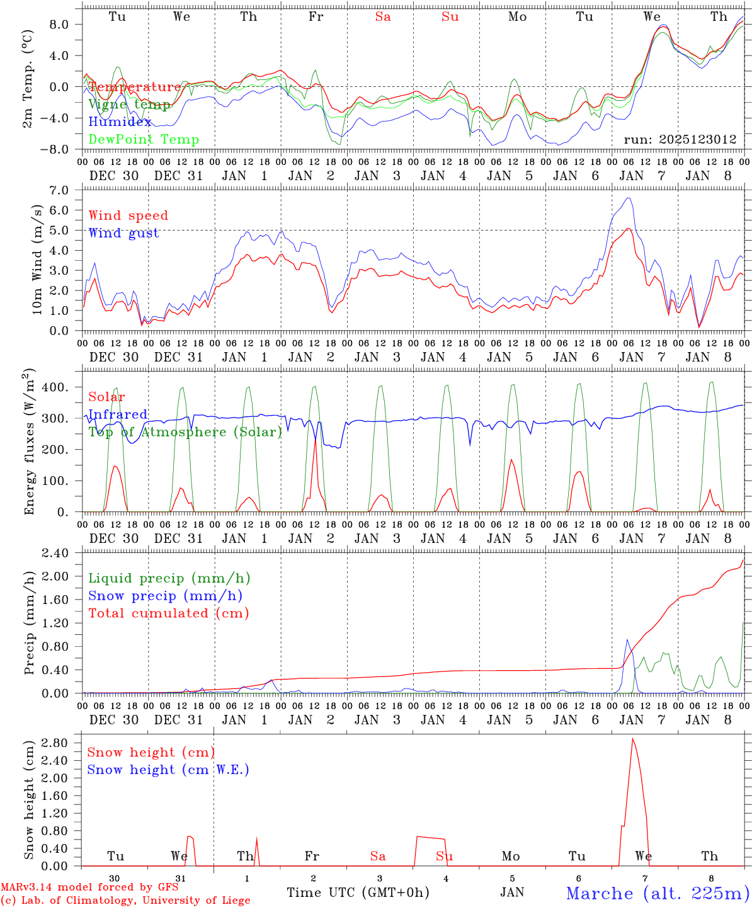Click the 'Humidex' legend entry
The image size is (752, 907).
pyautogui.click(x=120, y=122)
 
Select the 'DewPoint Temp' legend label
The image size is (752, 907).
pyautogui.click(x=144, y=140)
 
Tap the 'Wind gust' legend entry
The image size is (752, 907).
pyautogui.click(x=124, y=233)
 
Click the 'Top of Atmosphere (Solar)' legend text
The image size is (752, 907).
pyautogui.click(x=185, y=432)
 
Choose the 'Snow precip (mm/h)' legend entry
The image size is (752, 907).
pyautogui.click(x=166, y=596)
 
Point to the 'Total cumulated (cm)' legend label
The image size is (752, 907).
pyautogui.click(x=169, y=613)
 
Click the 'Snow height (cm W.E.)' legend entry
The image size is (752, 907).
pyautogui.click(x=168, y=770)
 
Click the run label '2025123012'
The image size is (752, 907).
pyautogui.click(x=680, y=140)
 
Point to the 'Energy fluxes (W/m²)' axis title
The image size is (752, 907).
pyautogui.click(x=29, y=443)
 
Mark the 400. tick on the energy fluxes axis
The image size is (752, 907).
pyautogui.click(x=62, y=387)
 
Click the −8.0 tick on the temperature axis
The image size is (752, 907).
pyautogui.click(x=62, y=150)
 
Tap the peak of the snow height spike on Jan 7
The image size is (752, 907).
pyautogui.click(x=632, y=738)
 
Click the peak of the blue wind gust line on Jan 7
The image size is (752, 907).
pyautogui.click(x=627, y=198)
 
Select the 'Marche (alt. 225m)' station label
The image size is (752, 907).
pyautogui.click(x=658, y=893)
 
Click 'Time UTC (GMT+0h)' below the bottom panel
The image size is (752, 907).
pyautogui.click(x=358, y=893)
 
